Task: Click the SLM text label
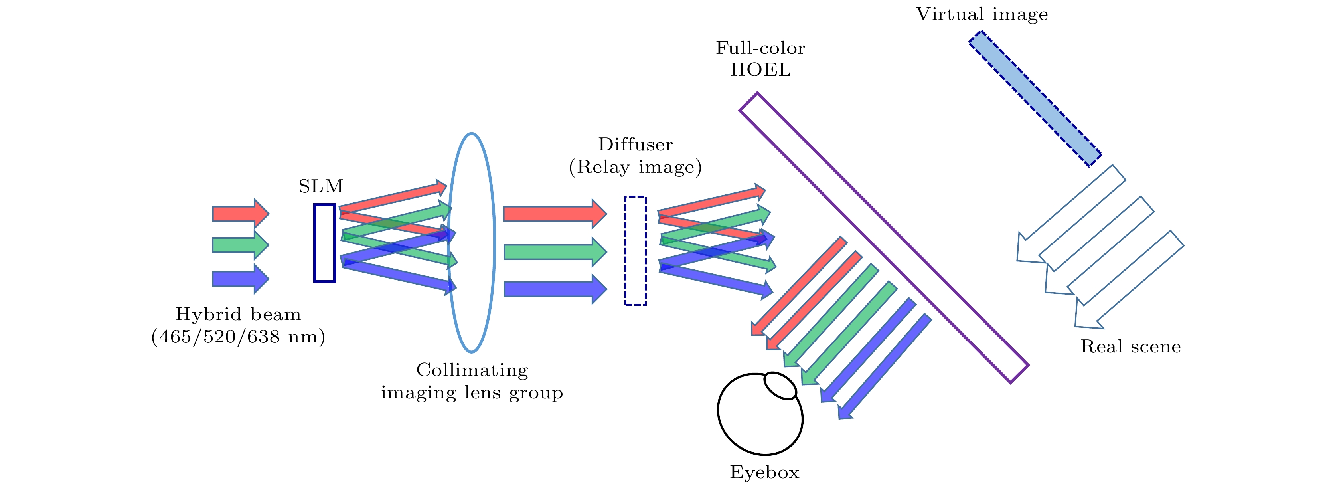(321, 186)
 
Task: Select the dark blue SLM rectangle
(324, 243)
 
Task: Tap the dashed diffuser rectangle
(635, 251)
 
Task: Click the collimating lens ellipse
(472, 243)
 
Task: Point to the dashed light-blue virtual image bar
(1035, 99)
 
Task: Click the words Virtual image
(982, 14)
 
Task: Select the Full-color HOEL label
(760, 59)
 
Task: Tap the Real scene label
(1130, 346)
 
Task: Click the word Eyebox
(764, 472)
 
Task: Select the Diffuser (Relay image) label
(635, 156)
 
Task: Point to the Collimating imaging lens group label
(472, 381)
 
